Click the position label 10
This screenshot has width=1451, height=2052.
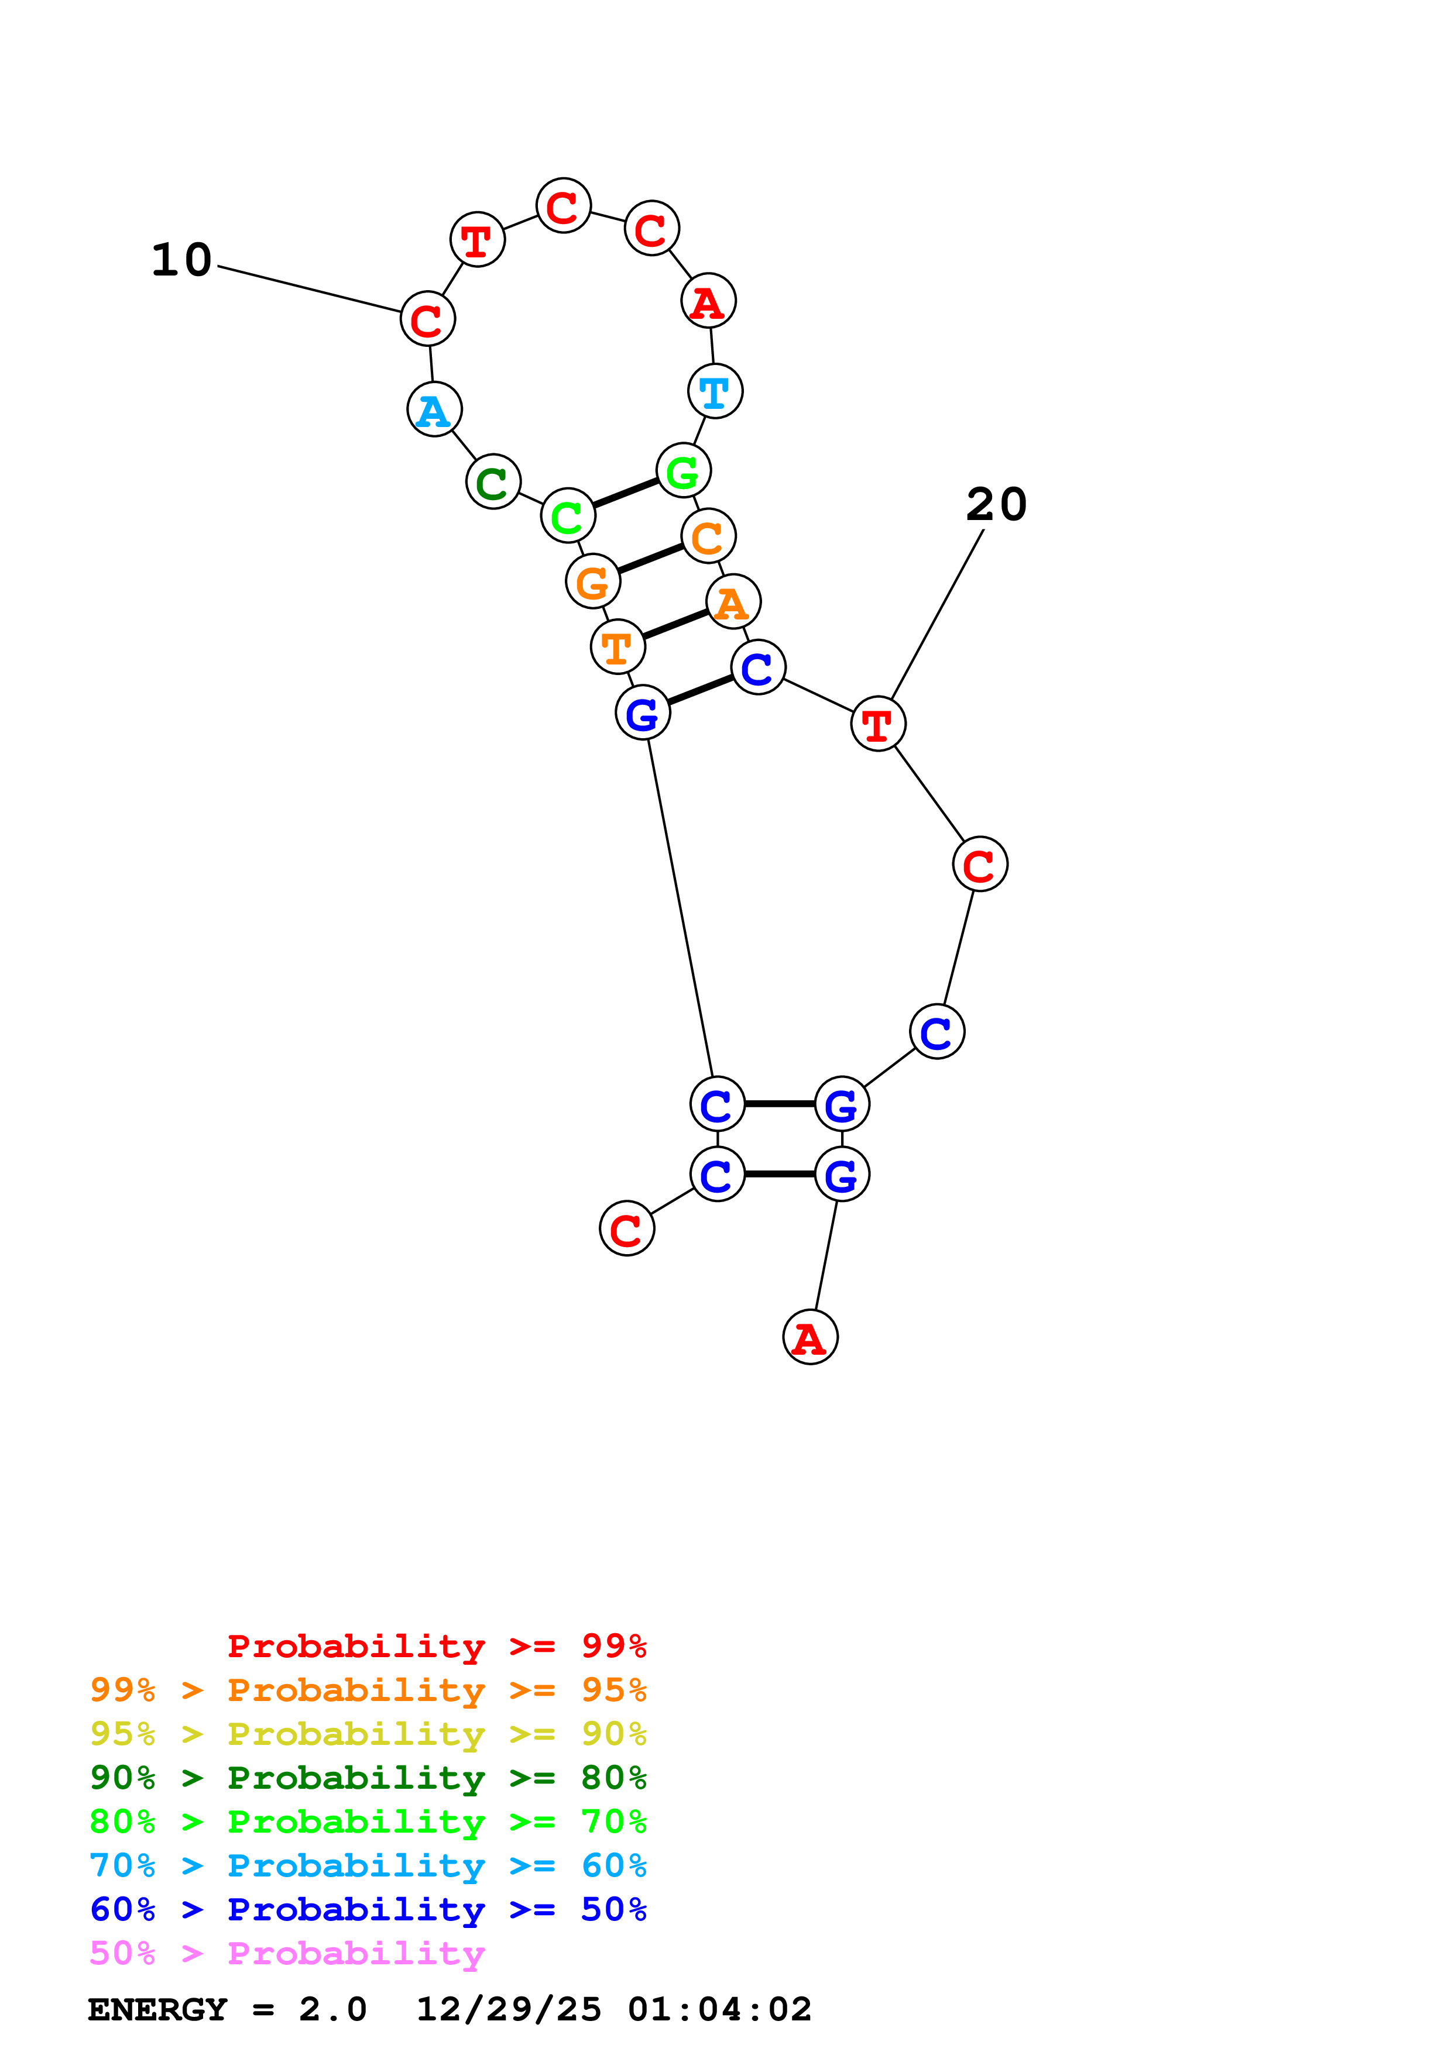point(181,260)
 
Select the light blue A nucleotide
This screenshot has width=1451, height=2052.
point(434,409)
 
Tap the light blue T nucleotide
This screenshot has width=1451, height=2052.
point(715,391)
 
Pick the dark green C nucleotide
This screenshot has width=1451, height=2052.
point(493,482)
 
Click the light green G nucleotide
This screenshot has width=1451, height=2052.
point(683,470)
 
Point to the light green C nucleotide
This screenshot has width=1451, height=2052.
point(568,516)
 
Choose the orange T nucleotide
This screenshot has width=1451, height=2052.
point(618,646)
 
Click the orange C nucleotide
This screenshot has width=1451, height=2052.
point(708,536)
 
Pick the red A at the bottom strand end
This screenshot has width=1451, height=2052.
point(810,1337)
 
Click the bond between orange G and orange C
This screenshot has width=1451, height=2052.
point(650,559)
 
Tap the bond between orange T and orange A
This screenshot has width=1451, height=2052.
point(675,624)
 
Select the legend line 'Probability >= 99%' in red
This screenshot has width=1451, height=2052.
point(436,1646)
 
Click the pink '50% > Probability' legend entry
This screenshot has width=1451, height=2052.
point(287,1954)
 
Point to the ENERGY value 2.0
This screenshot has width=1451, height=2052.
point(332,2010)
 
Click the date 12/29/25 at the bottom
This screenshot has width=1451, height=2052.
point(509,2010)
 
